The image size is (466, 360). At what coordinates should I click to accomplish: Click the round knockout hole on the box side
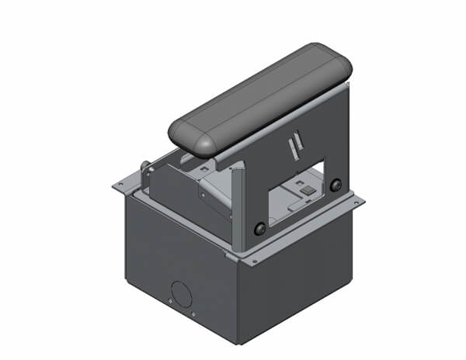coord(181,292)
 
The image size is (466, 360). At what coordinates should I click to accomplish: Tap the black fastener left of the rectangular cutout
coord(259,229)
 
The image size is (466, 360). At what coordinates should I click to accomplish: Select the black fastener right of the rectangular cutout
coord(336,185)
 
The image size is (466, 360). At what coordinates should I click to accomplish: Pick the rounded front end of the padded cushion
coord(190,139)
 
